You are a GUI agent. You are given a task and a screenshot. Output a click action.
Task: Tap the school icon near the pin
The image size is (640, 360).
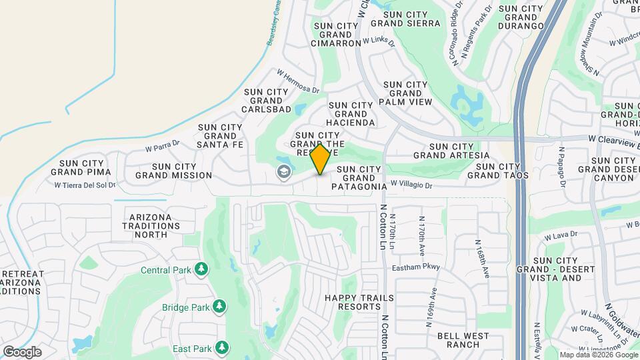tap(283, 172)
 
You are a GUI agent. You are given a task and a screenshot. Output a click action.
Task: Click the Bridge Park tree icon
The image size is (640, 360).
tap(218, 307)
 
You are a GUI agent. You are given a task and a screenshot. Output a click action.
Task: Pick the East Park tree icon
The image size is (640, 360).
tap(222, 348)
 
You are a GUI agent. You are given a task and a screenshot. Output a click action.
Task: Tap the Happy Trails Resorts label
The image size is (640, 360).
tap(358, 302)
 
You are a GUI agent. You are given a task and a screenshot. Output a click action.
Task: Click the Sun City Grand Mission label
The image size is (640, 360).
tap(173, 171)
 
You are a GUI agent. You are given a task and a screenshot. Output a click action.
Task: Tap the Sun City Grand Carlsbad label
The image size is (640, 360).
tap(267, 101)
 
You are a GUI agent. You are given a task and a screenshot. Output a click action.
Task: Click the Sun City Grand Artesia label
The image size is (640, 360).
tap(451, 151)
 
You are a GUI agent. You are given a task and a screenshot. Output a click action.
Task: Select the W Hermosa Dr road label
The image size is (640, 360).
tap(298, 81)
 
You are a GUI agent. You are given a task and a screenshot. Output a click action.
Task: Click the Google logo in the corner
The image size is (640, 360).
tap(23, 351)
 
